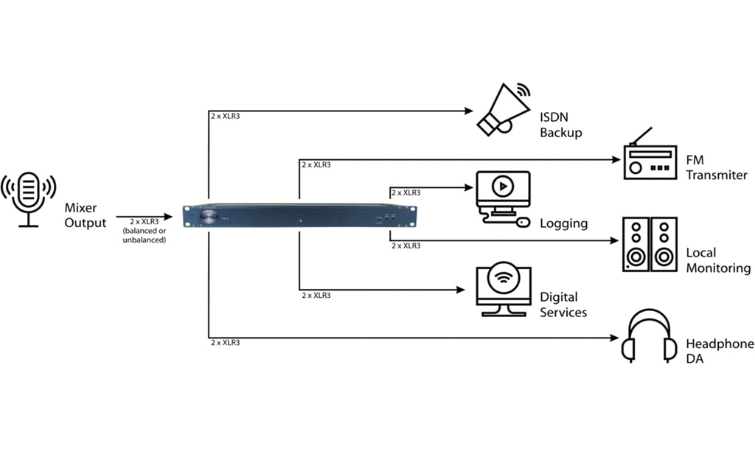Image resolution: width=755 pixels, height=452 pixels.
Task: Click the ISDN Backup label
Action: (x=561, y=125)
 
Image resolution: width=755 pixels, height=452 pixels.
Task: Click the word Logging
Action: (x=563, y=223)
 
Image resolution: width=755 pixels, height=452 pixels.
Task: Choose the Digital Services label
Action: (x=563, y=305)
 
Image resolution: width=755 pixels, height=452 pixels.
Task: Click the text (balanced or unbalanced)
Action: (x=145, y=235)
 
